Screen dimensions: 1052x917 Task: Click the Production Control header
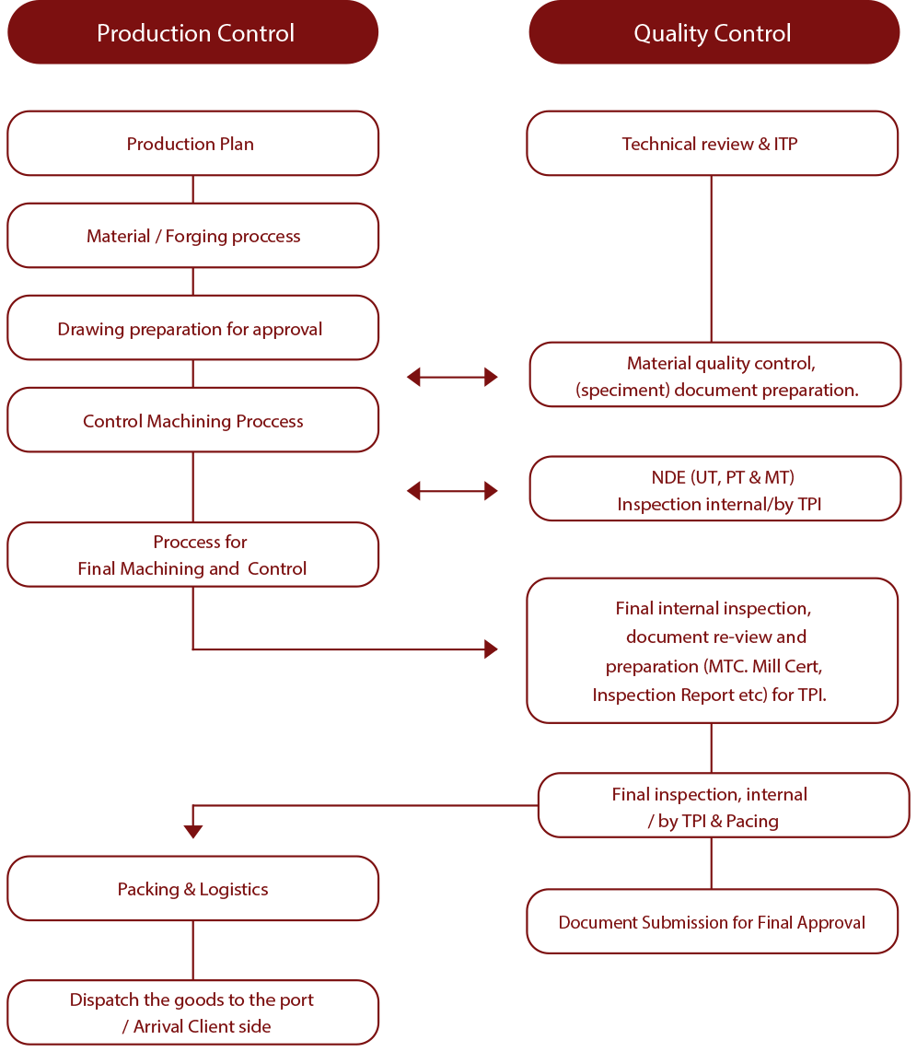point(193,33)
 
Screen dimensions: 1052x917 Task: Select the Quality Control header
point(713,33)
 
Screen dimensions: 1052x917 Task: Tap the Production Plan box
point(192,144)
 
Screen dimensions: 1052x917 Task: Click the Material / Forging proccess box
point(192,236)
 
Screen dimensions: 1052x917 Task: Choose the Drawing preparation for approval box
point(192,329)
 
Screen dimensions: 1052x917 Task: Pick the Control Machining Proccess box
point(192,421)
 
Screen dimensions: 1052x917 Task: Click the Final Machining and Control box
point(192,555)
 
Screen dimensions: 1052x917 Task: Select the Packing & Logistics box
point(192,889)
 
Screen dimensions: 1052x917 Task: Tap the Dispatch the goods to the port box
point(192,1012)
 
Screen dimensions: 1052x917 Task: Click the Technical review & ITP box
point(712,144)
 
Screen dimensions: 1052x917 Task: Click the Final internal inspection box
point(712,651)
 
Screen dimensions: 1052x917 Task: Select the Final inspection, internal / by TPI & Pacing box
point(723,807)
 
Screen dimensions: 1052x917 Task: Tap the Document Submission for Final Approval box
point(712,922)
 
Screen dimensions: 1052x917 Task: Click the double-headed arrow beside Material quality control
point(452,376)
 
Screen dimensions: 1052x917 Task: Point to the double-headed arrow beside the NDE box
point(452,491)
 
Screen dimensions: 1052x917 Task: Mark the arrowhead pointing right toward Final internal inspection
point(490,650)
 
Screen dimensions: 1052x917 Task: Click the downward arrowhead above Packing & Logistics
point(192,831)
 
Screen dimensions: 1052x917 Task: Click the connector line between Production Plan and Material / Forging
point(192,190)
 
